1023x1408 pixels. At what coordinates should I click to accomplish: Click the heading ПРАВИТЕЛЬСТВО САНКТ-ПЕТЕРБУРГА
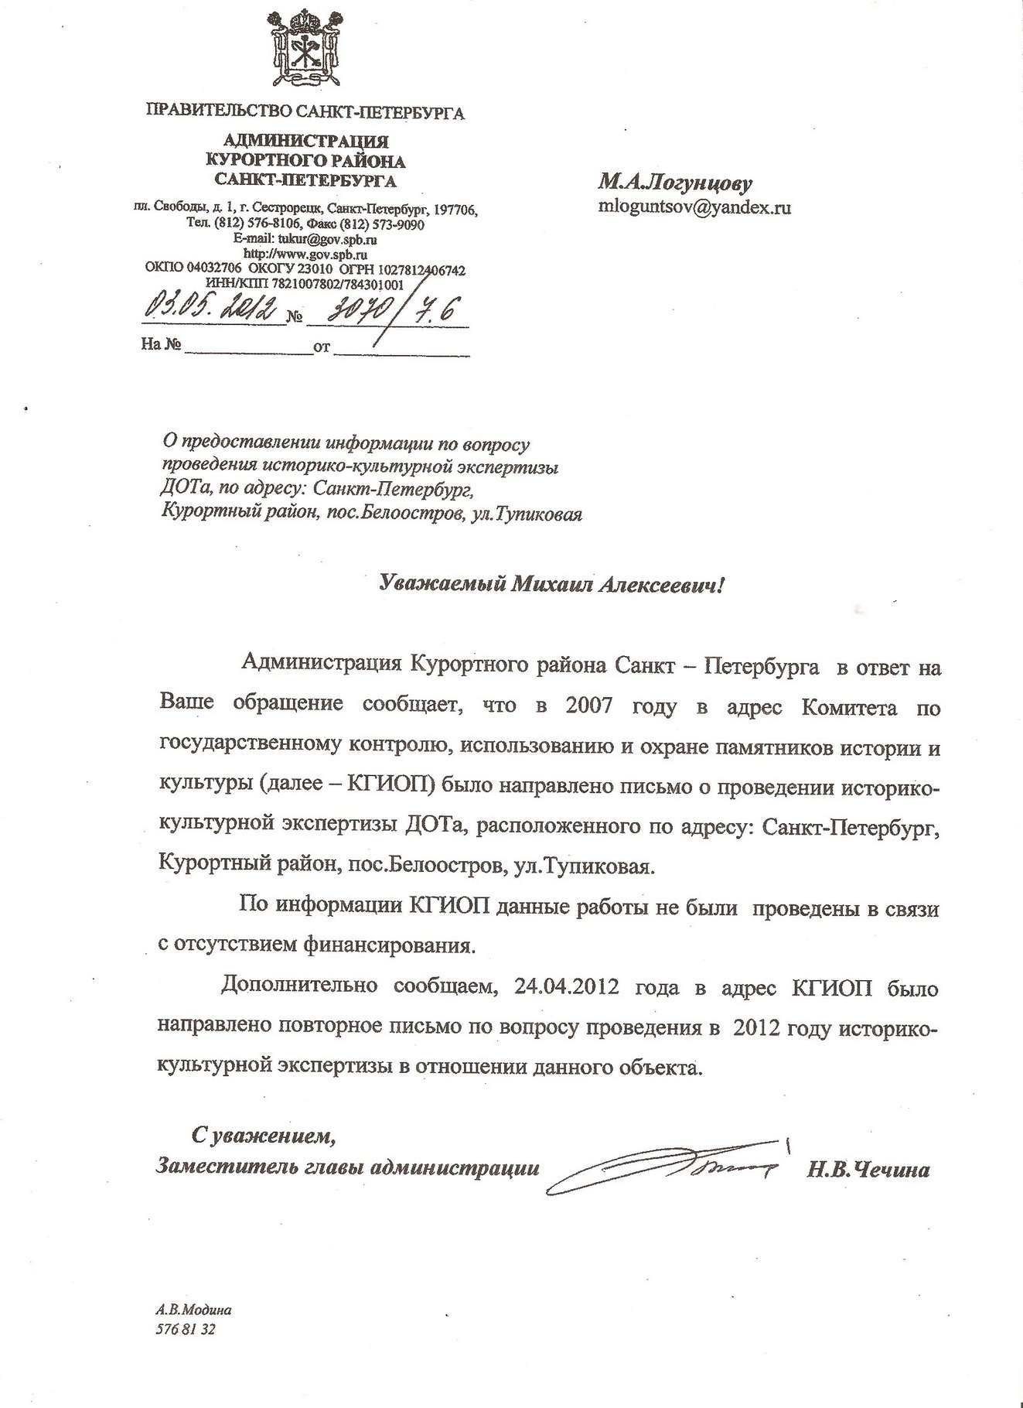coord(305,114)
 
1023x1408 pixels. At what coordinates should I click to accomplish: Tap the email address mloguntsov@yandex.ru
coord(694,207)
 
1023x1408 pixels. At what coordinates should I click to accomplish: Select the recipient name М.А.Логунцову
coord(674,184)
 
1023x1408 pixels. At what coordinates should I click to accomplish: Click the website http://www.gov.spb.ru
coord(305,254)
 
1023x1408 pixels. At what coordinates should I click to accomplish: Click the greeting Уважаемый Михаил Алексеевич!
coord(553,585)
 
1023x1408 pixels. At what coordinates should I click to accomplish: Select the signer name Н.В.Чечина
coord(868,1169)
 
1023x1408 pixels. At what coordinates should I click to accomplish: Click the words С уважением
coord(264,1136)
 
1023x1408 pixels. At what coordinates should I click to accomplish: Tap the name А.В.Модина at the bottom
coord(193,1310)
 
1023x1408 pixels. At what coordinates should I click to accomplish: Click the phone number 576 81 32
coord(186,1329)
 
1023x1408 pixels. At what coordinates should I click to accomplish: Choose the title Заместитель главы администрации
coord(348,1167)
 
